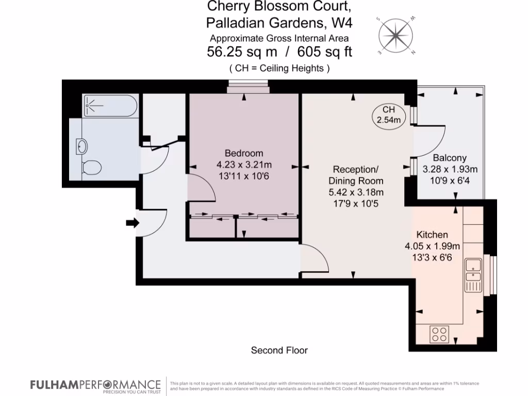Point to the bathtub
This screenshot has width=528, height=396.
(110, 106)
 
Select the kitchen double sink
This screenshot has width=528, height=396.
(473, 274)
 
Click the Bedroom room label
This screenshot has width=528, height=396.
(244, 153)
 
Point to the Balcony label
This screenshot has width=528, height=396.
(450, 158)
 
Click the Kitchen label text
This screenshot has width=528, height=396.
(432, 235)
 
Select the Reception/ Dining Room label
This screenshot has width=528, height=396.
(356, 175)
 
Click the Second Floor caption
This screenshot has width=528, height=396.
(279, 351)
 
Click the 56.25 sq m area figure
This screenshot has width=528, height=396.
(242, 52)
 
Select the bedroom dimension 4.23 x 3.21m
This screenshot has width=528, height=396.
(244, 165)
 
